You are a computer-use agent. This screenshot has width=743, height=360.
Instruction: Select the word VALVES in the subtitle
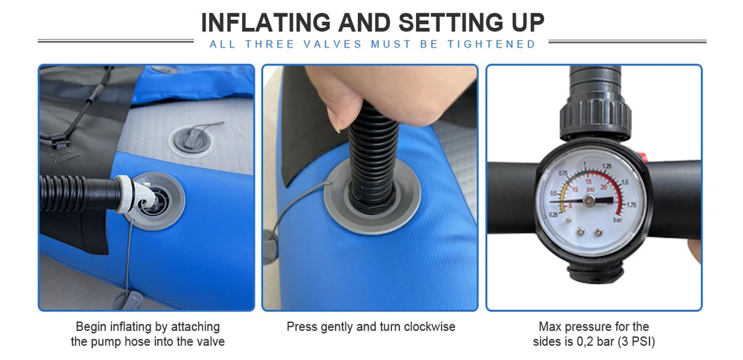332,44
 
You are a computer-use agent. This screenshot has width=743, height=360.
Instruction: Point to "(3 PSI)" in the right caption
636,342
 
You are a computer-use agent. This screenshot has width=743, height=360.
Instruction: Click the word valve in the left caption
211,342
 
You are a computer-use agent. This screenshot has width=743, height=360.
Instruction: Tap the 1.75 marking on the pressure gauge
631,204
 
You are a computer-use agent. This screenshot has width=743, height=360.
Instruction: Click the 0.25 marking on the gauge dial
553,215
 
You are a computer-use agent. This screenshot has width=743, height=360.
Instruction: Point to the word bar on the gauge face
617,220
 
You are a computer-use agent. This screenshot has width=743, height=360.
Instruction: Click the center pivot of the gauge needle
589,201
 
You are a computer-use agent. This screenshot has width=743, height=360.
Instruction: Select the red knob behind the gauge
642,157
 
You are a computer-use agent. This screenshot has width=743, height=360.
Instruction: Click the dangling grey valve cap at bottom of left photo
128,301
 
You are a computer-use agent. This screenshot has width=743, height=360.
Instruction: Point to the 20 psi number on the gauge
603,188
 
